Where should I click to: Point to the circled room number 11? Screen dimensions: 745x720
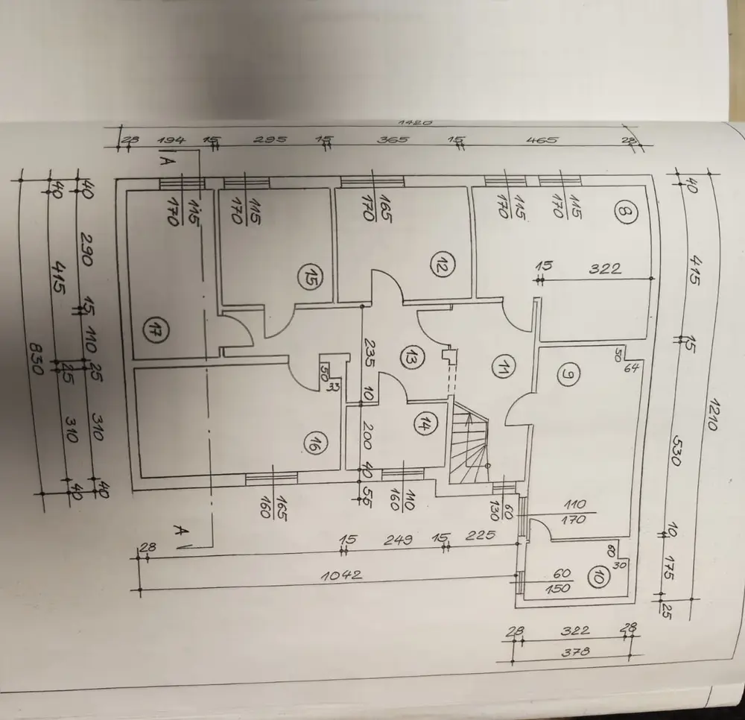pyautogui.click(x=504, y=367)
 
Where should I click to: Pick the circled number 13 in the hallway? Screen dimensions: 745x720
pyautogui.click(x=409, y=356)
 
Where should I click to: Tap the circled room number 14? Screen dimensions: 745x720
pyautogui.click(x=424, y=425)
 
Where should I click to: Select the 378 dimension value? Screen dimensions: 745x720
pyautogui.click(x=574, y=652)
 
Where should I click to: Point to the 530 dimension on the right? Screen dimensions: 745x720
pyautogui.click(x=671, y=452)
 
